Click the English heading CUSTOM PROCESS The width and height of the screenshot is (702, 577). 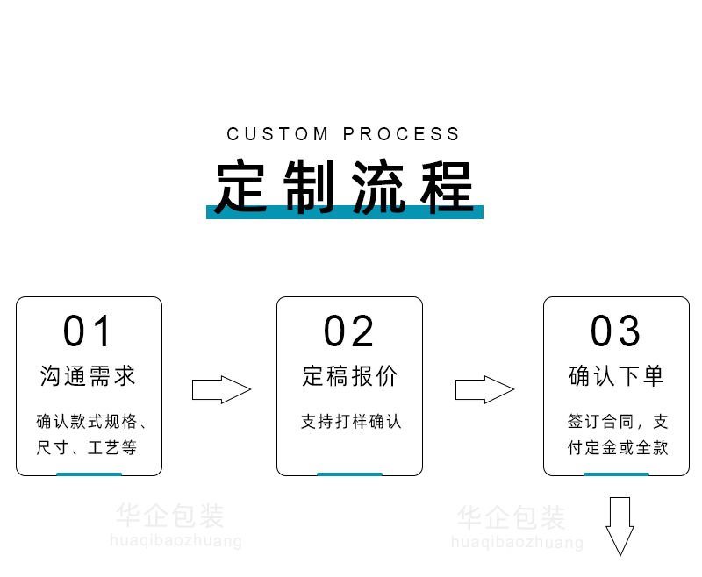343,134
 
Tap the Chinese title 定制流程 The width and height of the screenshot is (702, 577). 345,186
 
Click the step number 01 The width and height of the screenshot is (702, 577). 89,331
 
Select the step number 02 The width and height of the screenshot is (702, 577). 349,331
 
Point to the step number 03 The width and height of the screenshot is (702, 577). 616,331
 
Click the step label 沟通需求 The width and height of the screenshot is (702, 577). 89,376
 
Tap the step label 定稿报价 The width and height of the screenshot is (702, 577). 349,376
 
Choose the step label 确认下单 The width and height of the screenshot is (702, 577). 616,376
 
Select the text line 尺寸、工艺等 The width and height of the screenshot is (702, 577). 87,448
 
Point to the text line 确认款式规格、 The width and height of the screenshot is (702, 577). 91,422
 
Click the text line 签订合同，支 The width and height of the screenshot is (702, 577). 618,422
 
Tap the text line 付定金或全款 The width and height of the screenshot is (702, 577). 618,448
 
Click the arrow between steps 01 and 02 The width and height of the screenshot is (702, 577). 221,389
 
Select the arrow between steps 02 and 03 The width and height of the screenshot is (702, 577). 484,389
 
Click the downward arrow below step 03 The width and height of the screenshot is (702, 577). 620,524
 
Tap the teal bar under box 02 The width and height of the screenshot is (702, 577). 349,474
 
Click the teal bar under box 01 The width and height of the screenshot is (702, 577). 89,474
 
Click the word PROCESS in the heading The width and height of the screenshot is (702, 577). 401,134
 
